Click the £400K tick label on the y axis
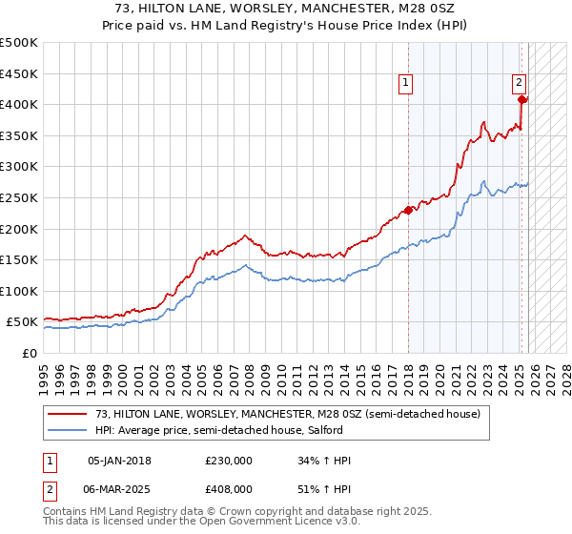(x=19, y=105)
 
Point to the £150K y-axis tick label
(x=19, y=259)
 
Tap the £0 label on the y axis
(x=30, y=353)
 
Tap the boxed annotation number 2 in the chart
(x=520, y=83)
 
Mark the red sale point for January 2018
(x=408, y=210)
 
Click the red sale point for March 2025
(x=521, y=99)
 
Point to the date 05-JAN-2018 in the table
(x=118, y=461)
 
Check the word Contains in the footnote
(x=67, y=513)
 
